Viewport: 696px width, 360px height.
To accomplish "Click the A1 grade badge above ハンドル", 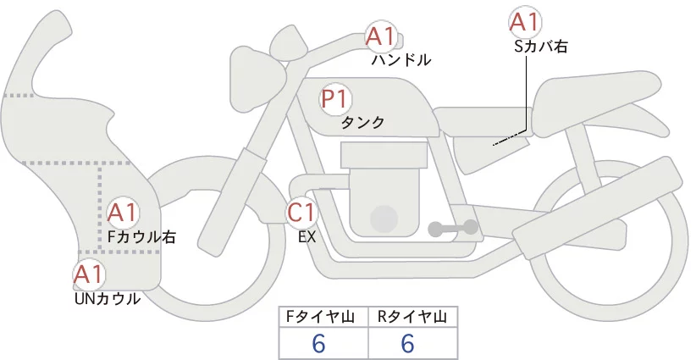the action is click(x=380, y=36).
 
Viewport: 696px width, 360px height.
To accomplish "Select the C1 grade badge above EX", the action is click(x=301, y=213).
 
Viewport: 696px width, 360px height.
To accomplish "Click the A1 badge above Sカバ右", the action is click(x=524, y=21).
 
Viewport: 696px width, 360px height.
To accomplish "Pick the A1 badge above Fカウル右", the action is click(x=123, y=213).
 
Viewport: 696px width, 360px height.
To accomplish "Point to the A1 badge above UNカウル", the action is click(x=89, y=274).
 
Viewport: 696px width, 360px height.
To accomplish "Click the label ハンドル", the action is click(x=401, y=59).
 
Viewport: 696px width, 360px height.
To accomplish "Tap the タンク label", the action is click(x=362, y=122).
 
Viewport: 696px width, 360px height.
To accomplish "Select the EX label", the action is click(x=307, y=237).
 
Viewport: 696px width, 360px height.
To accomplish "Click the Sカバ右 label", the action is click(x=541, y=47).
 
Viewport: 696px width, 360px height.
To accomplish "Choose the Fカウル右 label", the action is click(x=142, y=237).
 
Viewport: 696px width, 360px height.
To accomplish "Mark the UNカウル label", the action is click(x=108, y=299).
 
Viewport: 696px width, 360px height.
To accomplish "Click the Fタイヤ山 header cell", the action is click(x=323, y=317).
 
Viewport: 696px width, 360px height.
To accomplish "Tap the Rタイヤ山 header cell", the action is click(x=413, y=317).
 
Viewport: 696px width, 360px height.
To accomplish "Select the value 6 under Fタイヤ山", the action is click(x=318, y=343).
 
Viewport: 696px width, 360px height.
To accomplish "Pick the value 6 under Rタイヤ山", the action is click(x=407, y=343).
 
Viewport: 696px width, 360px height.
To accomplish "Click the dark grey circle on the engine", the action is click(x=384, y=219).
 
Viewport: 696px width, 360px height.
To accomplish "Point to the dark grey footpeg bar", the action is click(x=453, y=228).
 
